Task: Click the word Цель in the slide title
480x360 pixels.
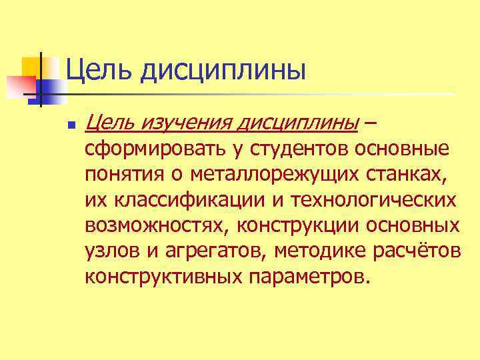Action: tap(97, 69)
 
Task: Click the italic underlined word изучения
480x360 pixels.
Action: tap(183, 122)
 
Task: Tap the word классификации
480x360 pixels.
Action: tap(177, 200)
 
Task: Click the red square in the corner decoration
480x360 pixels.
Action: tap(19, 86)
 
